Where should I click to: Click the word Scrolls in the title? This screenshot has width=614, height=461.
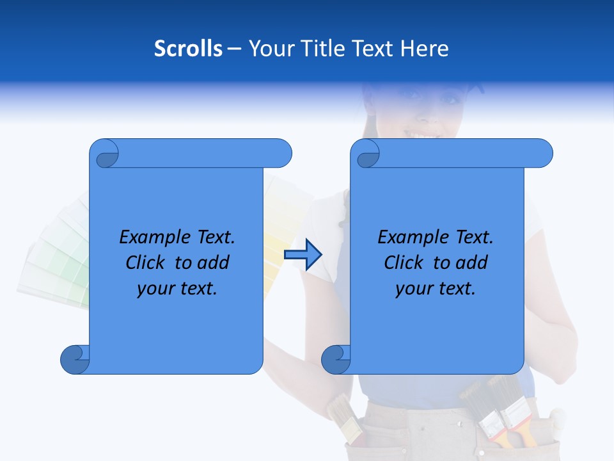(x=188, y=49)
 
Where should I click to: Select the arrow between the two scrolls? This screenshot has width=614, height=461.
(x=303, y=255)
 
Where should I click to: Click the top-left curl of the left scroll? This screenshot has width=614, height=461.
(x=104, y=154)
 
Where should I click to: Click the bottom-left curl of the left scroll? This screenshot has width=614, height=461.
(x=75, y=359)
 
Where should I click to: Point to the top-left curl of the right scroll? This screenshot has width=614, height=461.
(x=365, y=154)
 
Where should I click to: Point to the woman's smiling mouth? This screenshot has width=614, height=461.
(x=423, y=134)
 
